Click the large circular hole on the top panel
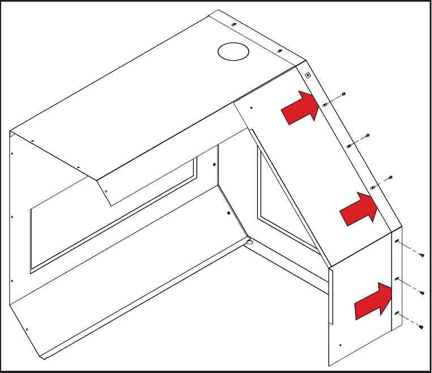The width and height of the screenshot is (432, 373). coord(233,51)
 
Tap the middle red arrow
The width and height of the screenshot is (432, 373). coord(358,209)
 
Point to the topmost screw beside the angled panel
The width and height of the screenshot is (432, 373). coord(344,93)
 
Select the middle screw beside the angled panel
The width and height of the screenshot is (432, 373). coord(368,135)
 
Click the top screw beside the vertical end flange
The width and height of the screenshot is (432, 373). coord(422,255)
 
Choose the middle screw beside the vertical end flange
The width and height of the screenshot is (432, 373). coord(422,292)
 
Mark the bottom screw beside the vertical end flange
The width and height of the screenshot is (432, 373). coord(422,327)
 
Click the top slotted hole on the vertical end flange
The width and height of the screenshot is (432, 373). coord(397,242)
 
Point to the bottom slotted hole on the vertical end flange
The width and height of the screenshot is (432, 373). coord(397,313)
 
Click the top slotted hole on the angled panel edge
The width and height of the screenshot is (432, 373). coord(324,105)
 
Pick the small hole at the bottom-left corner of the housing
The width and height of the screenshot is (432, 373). coord(27,329)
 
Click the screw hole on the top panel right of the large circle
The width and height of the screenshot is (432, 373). coord(280,51)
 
